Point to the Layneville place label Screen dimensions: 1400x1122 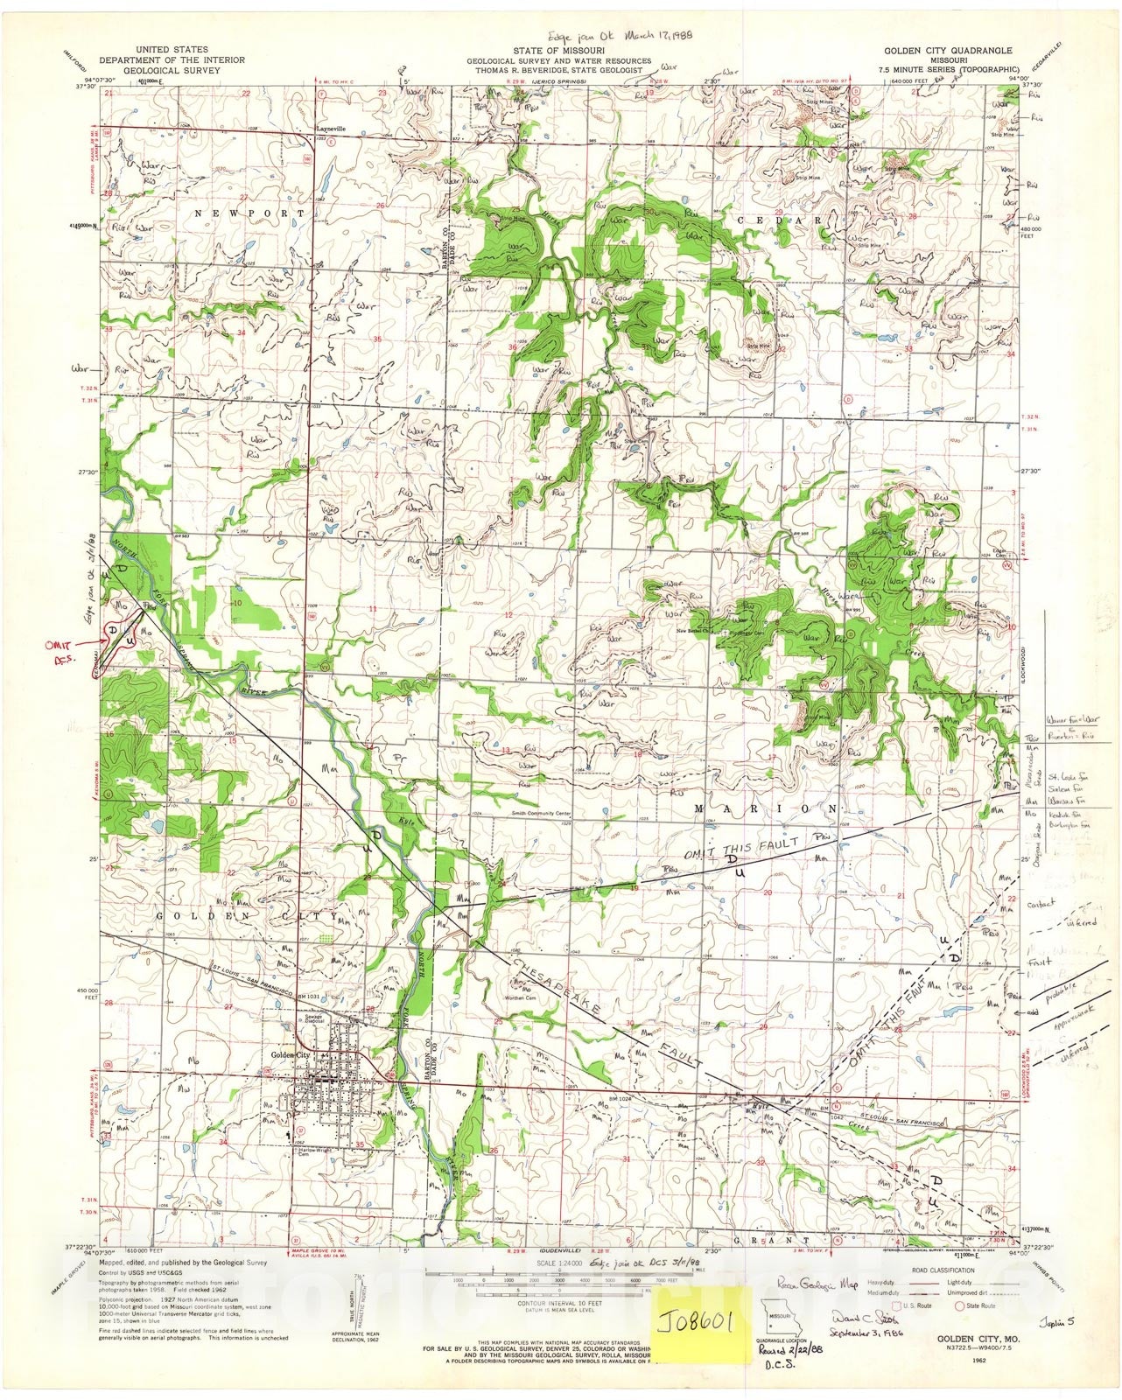point(331,129)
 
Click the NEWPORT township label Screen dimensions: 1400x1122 point(249,213)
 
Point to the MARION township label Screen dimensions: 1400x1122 point(766,808)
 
